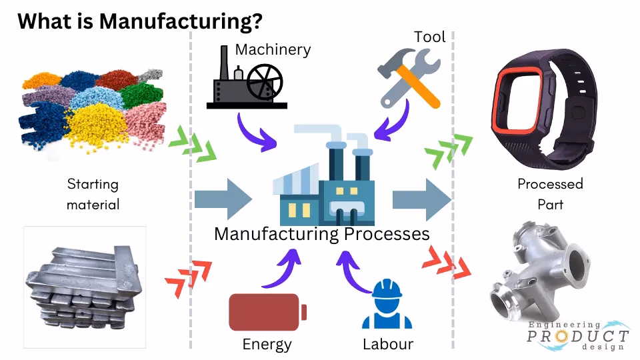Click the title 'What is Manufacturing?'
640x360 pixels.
tap(139, 20)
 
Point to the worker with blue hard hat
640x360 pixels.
tap(387, 305)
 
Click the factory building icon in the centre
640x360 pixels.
tap(323, 180)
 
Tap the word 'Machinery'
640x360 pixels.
tap(273, 49)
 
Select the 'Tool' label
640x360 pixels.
tap(429, 36)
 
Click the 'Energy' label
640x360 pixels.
tap(267, 344)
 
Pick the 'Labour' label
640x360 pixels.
tap(388, 344)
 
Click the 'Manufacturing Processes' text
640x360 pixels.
tap(321, 234)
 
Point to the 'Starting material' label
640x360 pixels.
tap(93, 193)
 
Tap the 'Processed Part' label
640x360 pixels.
tap(550, 193)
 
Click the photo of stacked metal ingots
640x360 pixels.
tap(85, 287)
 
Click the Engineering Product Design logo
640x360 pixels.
tap(577, 335)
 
